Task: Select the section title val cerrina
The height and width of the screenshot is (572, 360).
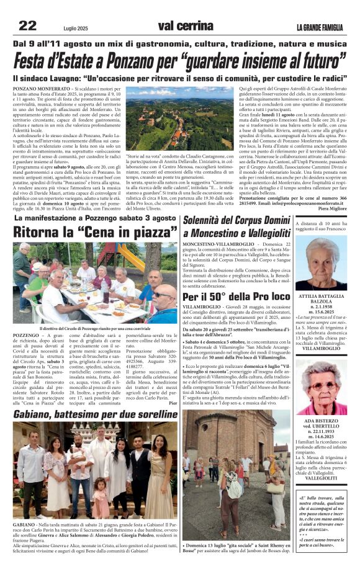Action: click(185, 26)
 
